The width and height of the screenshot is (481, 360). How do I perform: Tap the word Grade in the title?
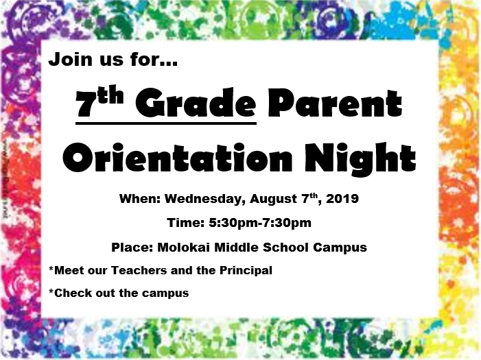point(196,104)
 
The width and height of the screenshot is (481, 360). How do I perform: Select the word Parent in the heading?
point(335,104)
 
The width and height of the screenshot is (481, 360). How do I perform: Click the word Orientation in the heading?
point(177,158)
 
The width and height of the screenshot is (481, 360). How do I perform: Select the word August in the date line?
point(273,200)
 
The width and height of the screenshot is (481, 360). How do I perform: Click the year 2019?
point(342,199)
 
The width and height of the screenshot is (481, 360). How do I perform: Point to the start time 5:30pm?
point(233,223)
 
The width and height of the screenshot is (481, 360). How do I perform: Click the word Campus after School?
point(340,248)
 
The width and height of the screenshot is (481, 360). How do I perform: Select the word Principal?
point(246,271)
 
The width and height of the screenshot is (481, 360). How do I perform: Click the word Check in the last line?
point(73,293)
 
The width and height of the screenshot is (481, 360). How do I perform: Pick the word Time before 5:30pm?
point(185,223)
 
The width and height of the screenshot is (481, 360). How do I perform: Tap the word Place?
point(132,247)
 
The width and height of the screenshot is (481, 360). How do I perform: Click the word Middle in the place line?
point(236,247)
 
